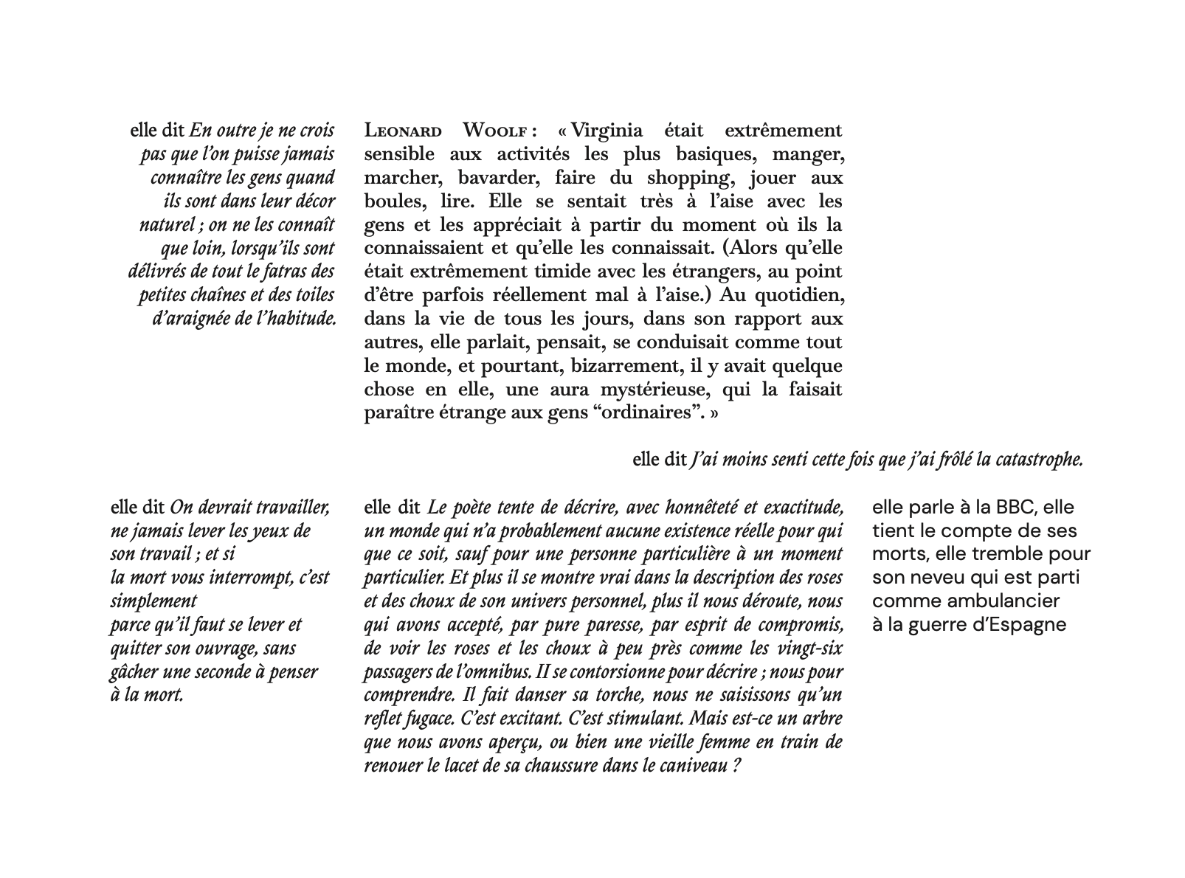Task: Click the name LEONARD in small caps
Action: pos(403,132)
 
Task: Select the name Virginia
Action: pos(606,131)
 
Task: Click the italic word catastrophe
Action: pos(1039,460)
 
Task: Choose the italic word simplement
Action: pos(153,601)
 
